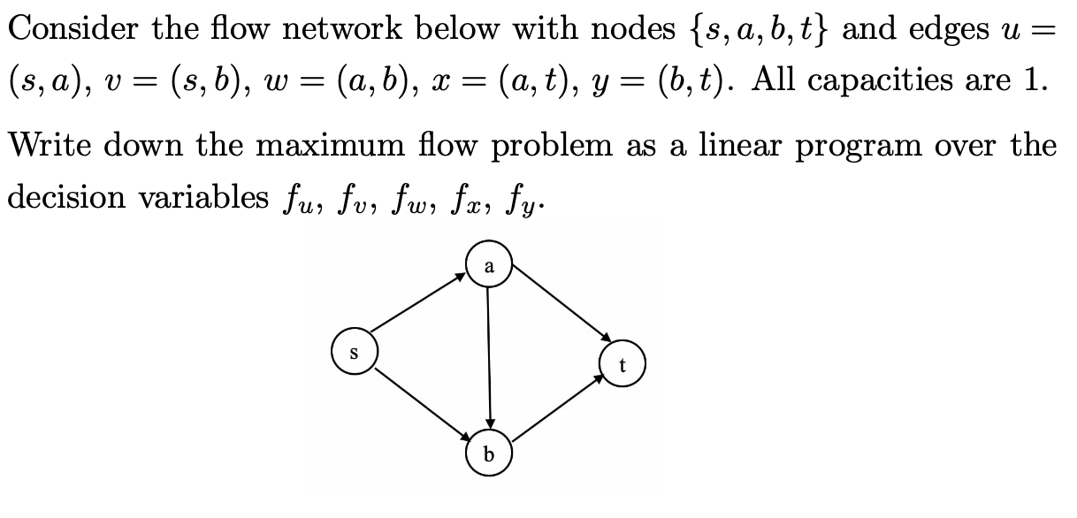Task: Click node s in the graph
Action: tap(355, 351)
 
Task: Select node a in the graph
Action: tap(489, 263)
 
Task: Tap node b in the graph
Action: tap(489, 453)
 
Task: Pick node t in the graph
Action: tap(623, 363)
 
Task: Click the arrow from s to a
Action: tap(418, 302)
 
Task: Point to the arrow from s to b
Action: tap(423, 405)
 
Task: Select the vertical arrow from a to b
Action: tap(489, 358)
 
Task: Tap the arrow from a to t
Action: tap(562, 303)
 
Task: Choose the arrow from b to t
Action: tap(558, 408)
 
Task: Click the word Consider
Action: tap(73, 28)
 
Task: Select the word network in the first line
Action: tap(342, 28)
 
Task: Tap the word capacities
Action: tap(880, 80)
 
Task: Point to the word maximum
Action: tap(331, 145)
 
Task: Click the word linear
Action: tap(739, 145)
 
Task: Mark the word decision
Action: tap(66, 197)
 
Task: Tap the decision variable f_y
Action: tap(520, 201)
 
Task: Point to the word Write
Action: tap(50, 145)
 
